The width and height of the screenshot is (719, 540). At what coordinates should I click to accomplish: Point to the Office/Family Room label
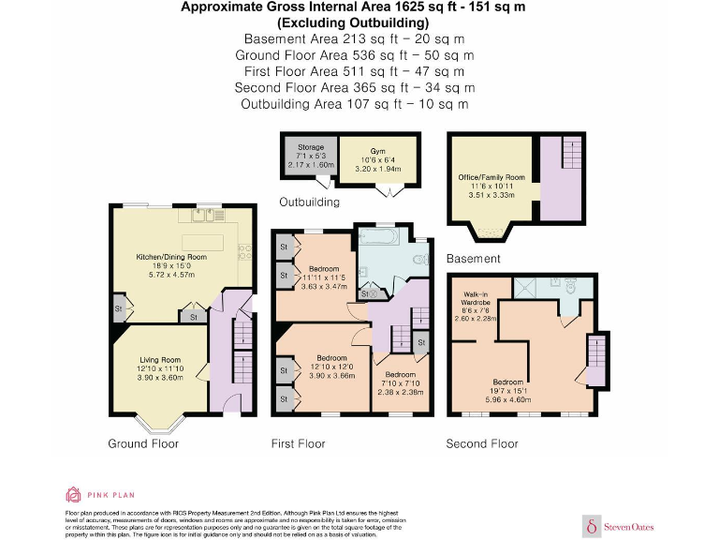pyautogui.click(x=492, y=177)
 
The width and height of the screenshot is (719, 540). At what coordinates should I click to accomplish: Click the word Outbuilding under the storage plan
pyautogui.click(x=309, y=202)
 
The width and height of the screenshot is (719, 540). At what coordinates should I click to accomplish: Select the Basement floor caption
pyautogui.click(x=474, y=259)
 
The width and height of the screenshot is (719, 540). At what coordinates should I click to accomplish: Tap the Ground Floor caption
pyautogui.click(x=143, y=443)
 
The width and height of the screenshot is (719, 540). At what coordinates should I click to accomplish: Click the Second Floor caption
pyautogui.click(x=481, y=443)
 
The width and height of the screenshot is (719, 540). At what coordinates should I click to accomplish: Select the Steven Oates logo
pyautogui.click(x=621, y=525)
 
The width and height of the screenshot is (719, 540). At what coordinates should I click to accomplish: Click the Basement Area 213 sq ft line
pyautogui.click(x=354, y=39)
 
